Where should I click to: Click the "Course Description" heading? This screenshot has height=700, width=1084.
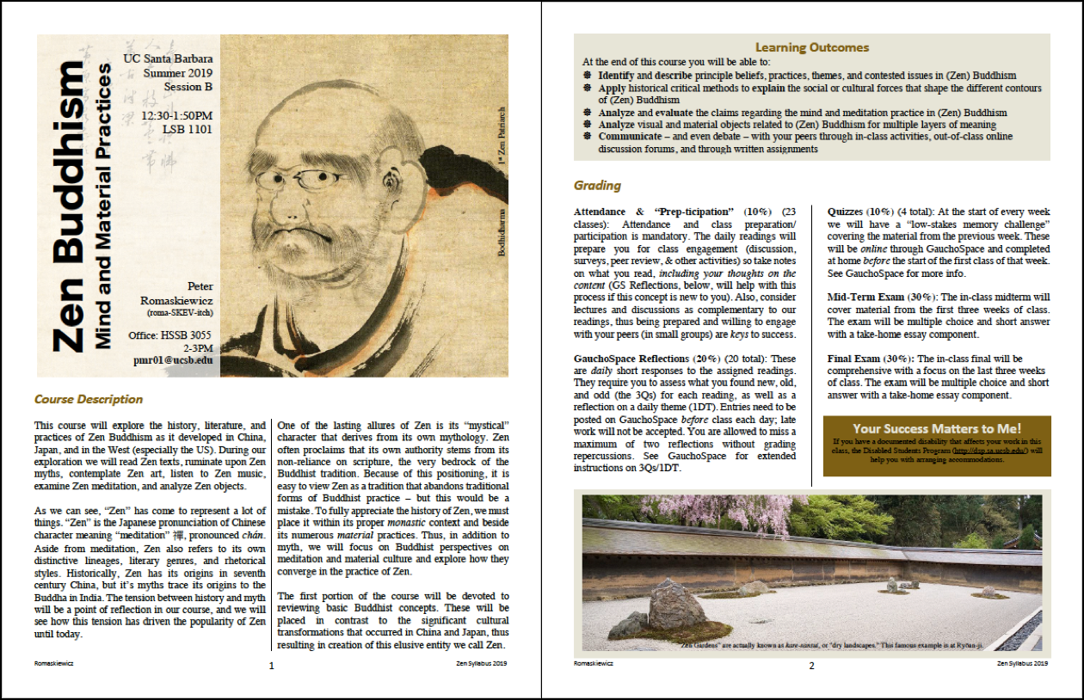[x=89, y=399]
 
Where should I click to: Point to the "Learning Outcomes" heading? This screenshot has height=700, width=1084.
[x=812, y=47]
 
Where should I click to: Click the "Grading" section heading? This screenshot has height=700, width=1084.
[x=597, y=185]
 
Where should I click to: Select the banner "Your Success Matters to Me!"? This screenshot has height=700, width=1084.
[x=937, y=428]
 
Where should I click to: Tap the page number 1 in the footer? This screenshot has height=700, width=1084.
[x=271, y=665]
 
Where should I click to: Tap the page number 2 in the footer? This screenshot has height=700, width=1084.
[x=810, y=665]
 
